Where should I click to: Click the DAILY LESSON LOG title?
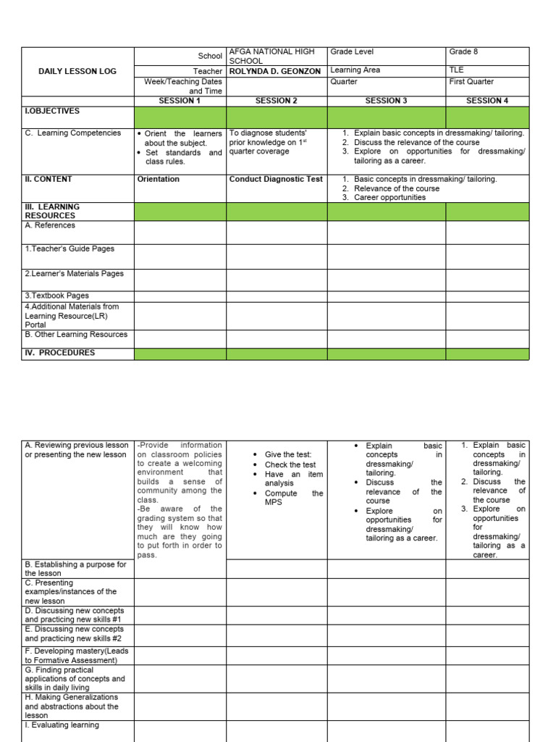(77, 72)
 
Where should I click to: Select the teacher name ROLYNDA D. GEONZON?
(274, 71)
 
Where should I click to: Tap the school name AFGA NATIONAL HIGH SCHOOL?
(271, 57)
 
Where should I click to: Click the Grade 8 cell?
(463, 52)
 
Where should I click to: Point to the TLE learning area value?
(457, 70)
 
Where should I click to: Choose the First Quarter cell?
(471, 82)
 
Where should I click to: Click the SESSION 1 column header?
(180, 101)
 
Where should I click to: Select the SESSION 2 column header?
(277, 101)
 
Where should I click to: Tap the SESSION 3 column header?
(386, 101)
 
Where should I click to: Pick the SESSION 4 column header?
(487, 101)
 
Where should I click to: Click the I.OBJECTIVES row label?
(52, 112)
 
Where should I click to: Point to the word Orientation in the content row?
(159, 179)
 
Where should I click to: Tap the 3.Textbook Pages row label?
(57, 296)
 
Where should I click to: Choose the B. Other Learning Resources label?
(76, 335)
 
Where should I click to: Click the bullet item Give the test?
(288, 454)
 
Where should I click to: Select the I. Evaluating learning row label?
(62, 725)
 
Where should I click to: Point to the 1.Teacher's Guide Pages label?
(69, 249)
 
